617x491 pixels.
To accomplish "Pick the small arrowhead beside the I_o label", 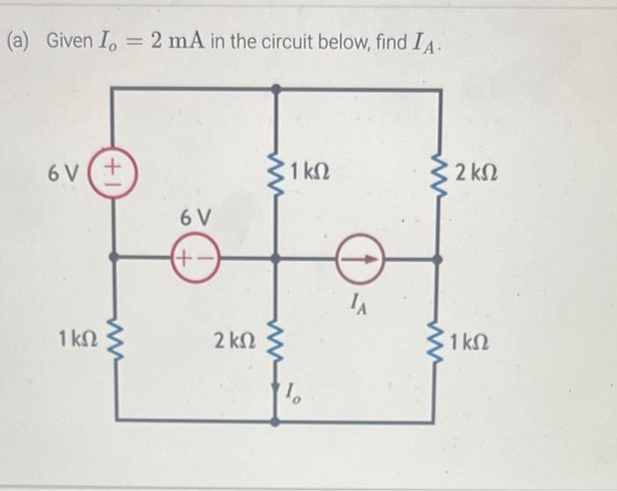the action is tap(277, 386).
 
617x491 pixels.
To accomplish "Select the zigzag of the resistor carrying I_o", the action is tap(276, 339).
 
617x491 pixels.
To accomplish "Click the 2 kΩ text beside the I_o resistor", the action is tap(234, 340).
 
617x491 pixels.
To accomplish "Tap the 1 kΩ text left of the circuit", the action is tap(75, 338).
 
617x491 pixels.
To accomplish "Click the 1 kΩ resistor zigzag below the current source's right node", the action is tap(437, 339).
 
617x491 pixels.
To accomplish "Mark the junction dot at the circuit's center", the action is tap(276, 259).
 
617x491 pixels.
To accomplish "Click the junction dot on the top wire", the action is tap(276, 89).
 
